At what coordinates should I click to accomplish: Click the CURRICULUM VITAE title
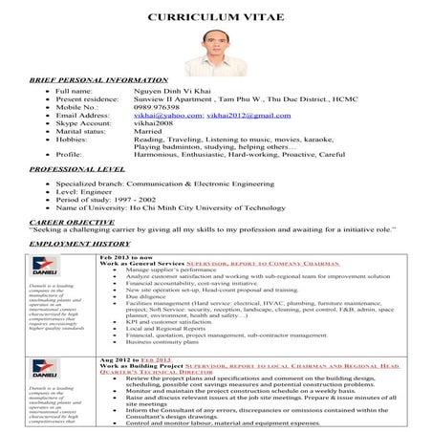216,18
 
